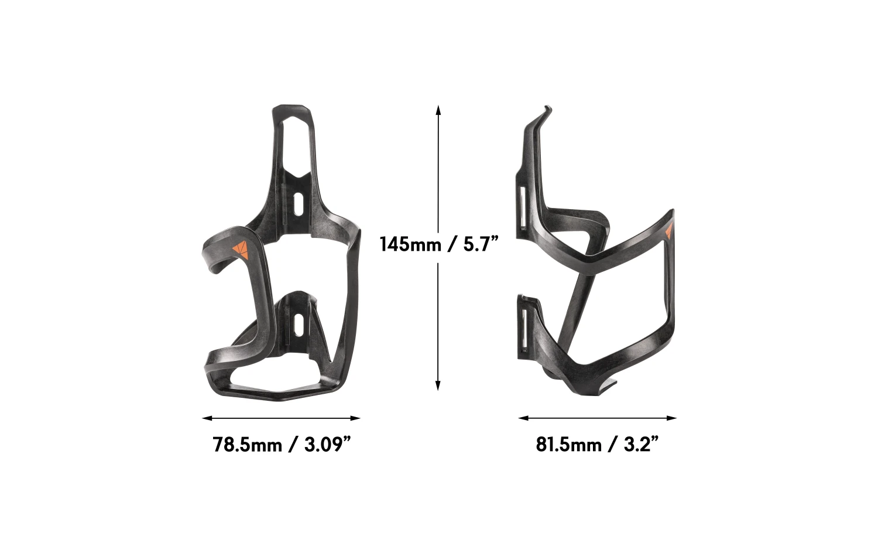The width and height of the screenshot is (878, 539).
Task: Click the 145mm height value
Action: (410, 243)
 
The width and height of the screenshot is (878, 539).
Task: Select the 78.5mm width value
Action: (248, 445)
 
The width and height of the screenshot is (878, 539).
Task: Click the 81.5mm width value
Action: (568, 445)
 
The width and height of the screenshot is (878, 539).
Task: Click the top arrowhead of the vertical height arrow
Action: (438, 110)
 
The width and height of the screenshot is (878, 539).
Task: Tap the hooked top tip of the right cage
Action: (547, 110)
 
